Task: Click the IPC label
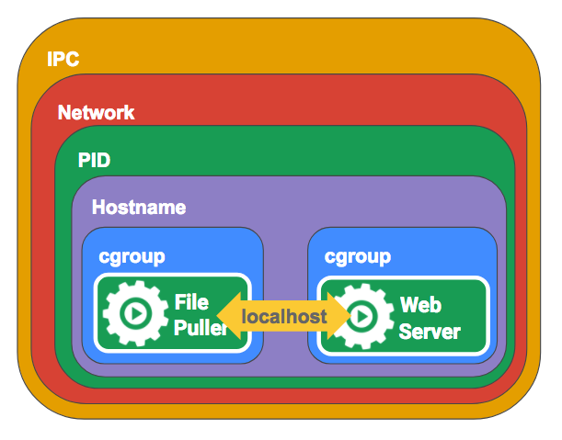(x=63, y=61)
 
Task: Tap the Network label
(x=96, y=113)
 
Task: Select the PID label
(x=94, y=161)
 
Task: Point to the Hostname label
(x=138, y=208)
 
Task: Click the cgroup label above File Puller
(x=132, y=256)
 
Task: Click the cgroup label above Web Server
(x=357, y=256)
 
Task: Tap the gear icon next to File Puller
(x=134, y=313)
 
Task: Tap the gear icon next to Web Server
(x=360, y=316)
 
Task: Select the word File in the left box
(x=191, y=302)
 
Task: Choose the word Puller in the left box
(x=199, y=328)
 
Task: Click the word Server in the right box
(x=429, y=330)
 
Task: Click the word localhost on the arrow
(x=284, y=317)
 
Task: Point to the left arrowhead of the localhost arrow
(x=227, y=317)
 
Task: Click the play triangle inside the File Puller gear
(x=135, y=313)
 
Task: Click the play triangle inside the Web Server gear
(x=361, y=316)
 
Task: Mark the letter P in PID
(x=83, y=161)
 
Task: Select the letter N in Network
(x=63, y=113)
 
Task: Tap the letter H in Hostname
(x=98, y=208)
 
